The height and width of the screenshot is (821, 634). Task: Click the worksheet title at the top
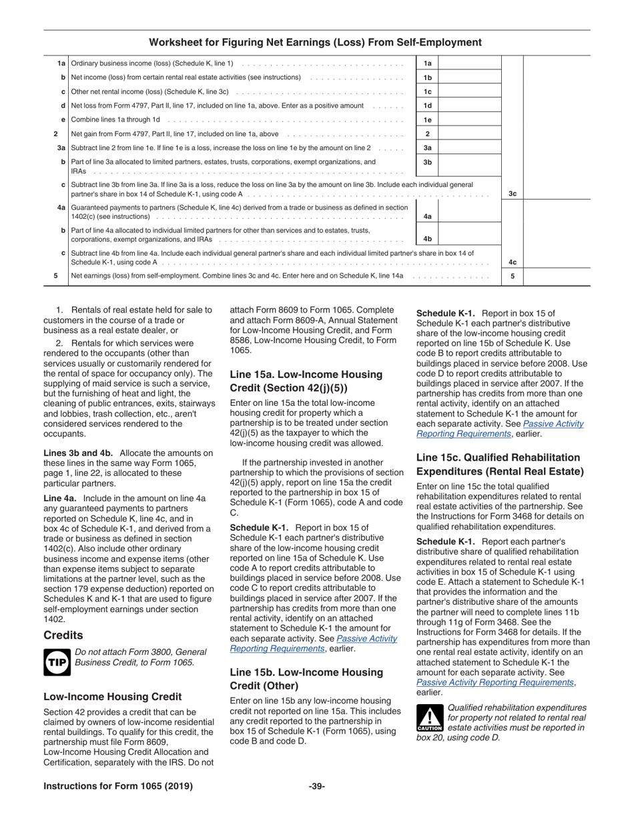(x=315, y=43)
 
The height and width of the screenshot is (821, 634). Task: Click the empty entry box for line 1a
(x=470, y=63)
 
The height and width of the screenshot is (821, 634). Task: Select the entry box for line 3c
(x=557, y=194)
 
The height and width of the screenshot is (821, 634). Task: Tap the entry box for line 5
(x=557, y=276)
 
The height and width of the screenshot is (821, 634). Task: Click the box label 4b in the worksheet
(x=427, y=238)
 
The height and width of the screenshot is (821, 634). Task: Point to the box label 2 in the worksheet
(x=427, y=134)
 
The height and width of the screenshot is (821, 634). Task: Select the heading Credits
(x=63, y=635)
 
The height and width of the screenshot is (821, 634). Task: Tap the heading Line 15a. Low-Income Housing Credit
(x=306, y=381)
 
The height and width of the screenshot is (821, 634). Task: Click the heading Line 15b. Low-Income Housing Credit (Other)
(x=306, y=679)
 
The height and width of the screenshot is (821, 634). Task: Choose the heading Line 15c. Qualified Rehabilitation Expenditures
(x=499, y=465)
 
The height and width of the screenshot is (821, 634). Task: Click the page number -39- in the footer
(x=317, y=786)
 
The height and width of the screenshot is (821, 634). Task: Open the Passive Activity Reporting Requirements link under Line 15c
(x=495, y=682)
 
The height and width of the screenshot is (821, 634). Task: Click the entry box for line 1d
(x=470, y=105)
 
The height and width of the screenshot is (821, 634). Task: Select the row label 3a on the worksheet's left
(x=61, y=148)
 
